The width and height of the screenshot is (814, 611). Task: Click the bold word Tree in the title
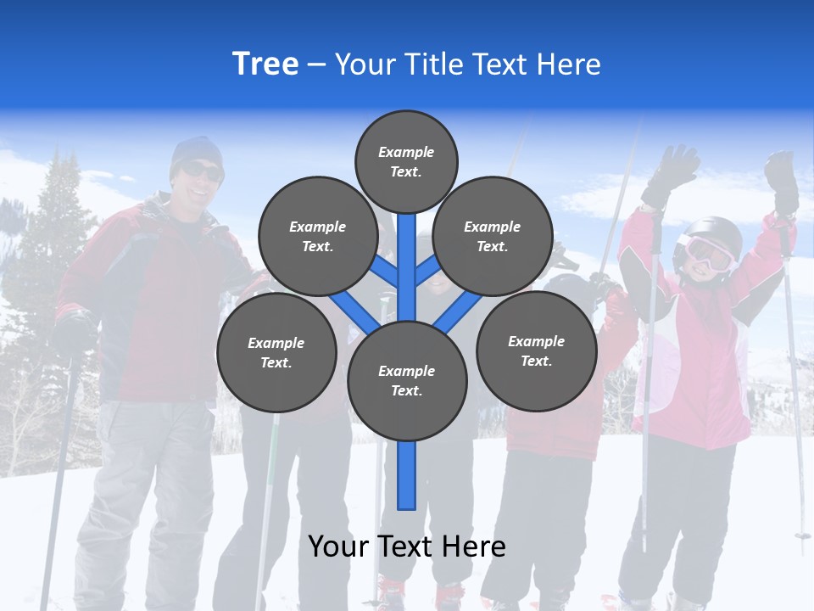265,64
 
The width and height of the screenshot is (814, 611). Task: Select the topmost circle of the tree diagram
406,161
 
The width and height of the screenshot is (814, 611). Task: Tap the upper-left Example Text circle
317,236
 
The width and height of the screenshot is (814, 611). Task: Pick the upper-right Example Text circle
493,236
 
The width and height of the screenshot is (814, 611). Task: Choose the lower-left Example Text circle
276,352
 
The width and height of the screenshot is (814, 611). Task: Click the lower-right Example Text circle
536,350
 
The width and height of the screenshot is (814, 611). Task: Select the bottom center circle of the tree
407,380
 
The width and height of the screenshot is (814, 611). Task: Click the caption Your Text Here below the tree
406,547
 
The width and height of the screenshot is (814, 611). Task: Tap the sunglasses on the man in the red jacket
202,171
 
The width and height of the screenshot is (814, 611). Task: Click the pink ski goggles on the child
706,252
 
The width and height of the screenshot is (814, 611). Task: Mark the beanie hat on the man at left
195,151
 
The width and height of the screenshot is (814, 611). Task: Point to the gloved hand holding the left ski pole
75,331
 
